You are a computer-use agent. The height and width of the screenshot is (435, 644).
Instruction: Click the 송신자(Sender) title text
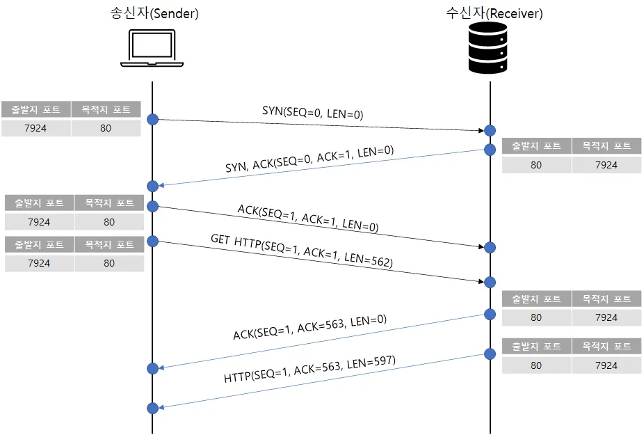(154, 13)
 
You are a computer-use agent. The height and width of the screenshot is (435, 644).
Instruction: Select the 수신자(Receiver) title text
(494, 13)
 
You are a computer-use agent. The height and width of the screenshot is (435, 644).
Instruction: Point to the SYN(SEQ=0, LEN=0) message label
(313, 112)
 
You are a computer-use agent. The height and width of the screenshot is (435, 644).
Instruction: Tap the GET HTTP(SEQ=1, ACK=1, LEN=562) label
(302, 251)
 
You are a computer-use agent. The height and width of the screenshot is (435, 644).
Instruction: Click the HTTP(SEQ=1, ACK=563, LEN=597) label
(309, 370)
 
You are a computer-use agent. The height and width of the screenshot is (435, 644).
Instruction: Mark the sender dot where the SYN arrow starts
(152, 119)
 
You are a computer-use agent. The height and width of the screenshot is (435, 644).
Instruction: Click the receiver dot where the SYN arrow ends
(490, 130)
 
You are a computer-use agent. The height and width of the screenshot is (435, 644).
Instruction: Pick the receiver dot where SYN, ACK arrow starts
(490, 150)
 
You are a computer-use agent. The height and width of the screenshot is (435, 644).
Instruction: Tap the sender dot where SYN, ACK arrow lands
(152, 186)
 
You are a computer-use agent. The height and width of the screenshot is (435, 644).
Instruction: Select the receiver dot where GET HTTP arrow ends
(490, 282)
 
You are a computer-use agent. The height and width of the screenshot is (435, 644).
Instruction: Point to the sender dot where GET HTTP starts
(152, 240)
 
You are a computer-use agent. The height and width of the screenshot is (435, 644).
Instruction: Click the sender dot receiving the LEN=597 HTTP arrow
(152, 408)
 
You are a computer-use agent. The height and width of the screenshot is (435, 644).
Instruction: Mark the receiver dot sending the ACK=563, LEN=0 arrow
(490, 315)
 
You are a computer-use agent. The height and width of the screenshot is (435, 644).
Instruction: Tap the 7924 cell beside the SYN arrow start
(35, 128)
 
